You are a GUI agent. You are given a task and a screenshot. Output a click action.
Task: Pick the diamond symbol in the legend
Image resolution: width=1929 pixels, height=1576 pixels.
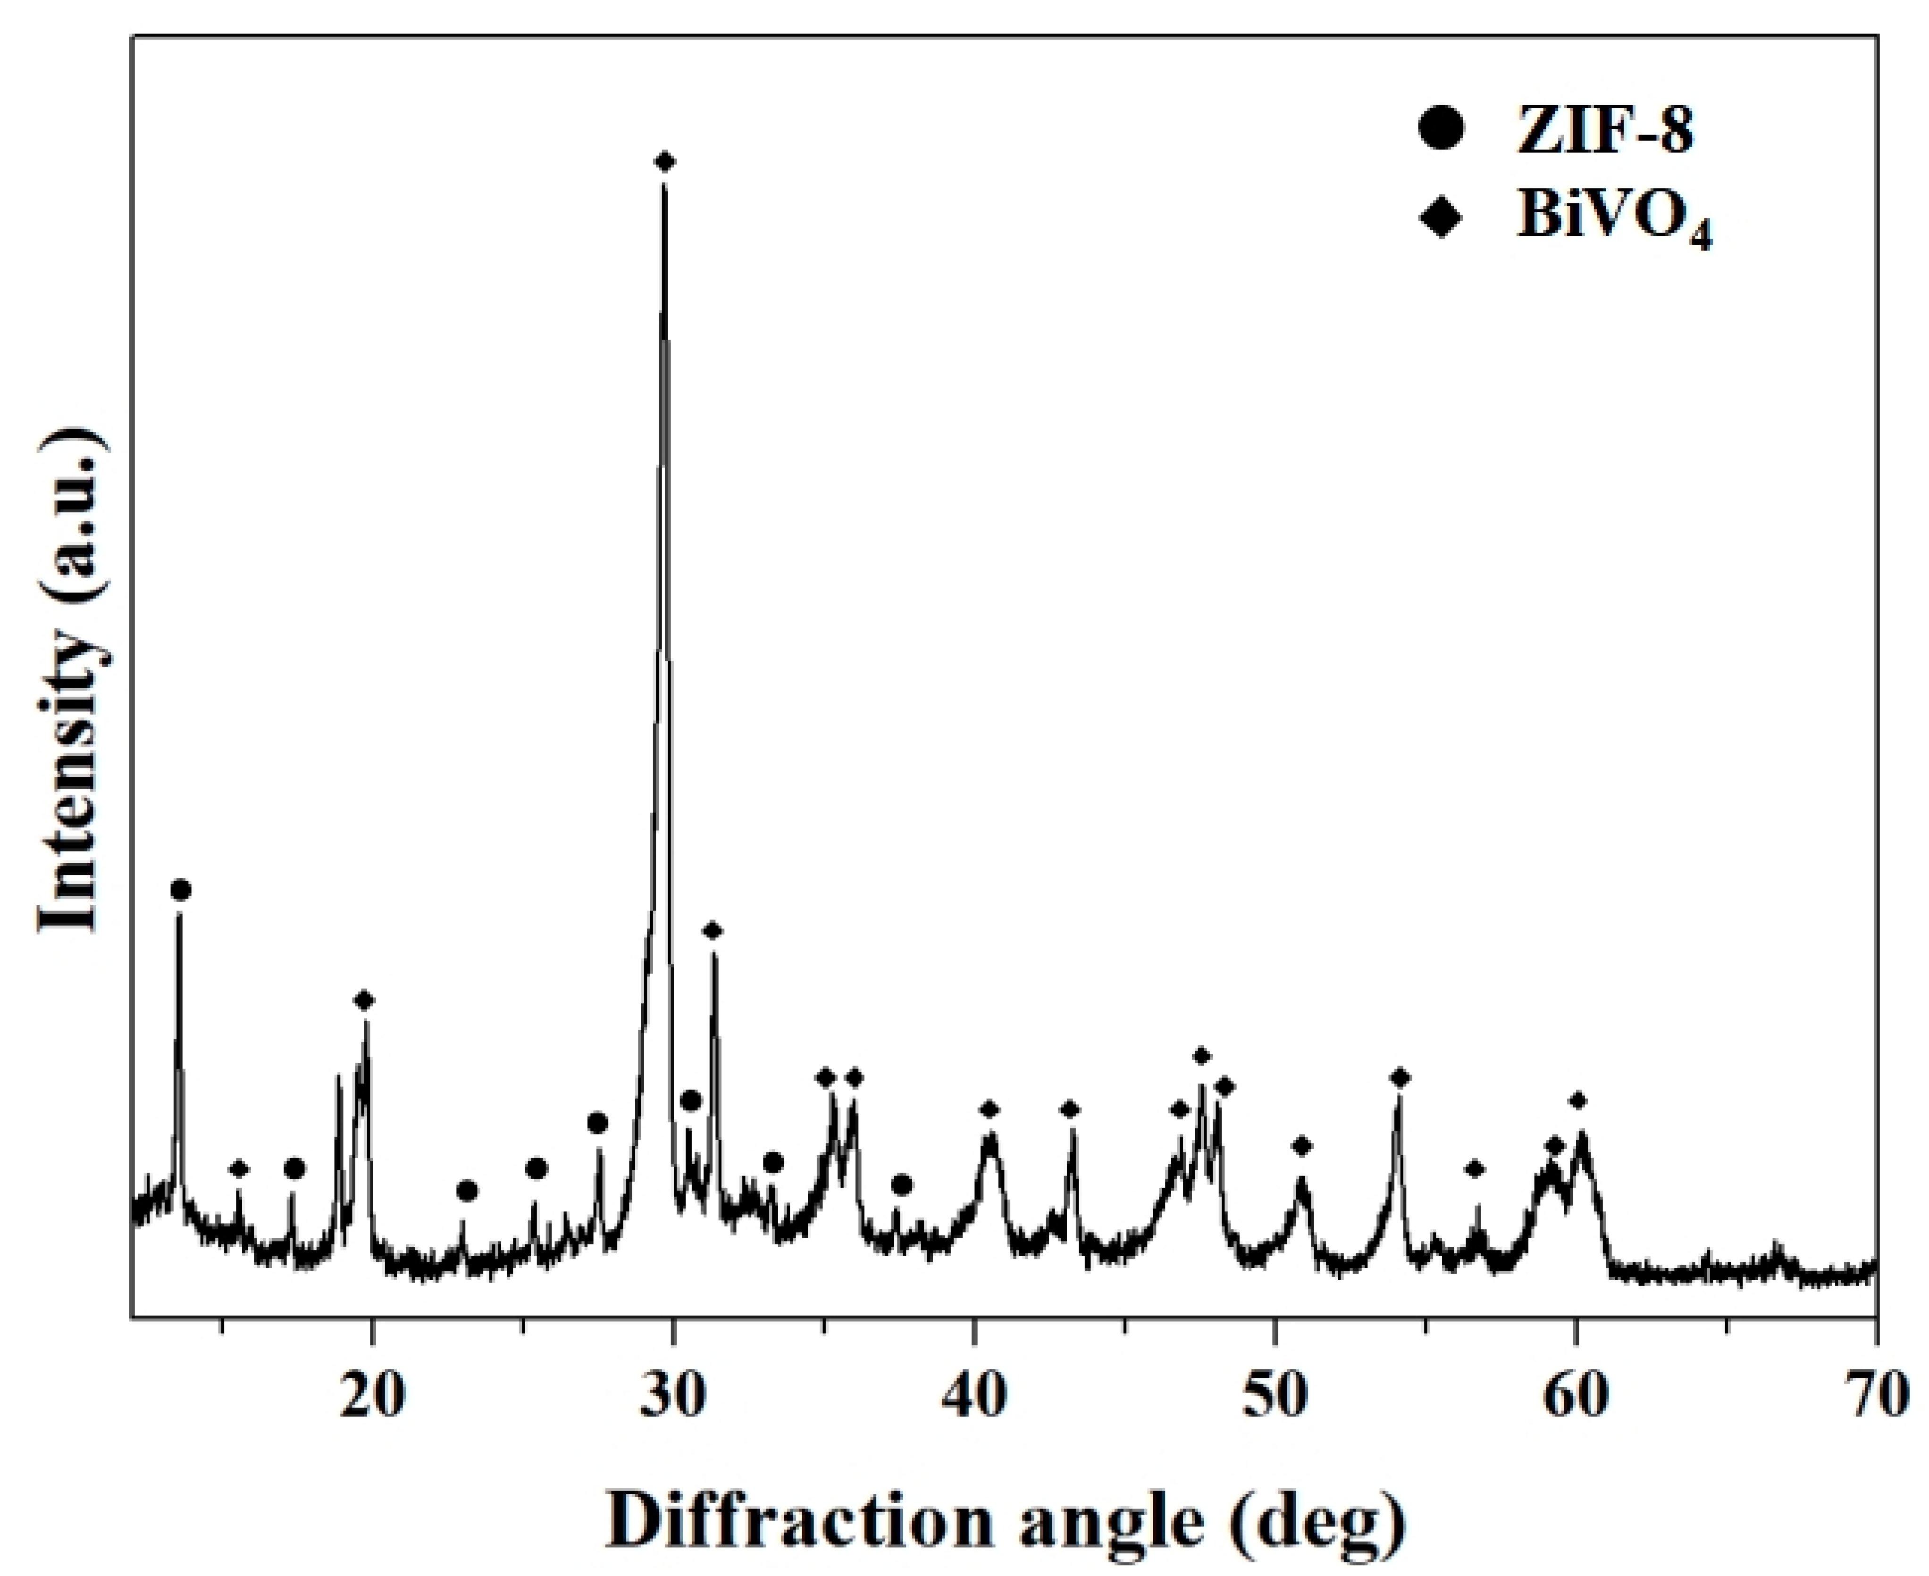1441,218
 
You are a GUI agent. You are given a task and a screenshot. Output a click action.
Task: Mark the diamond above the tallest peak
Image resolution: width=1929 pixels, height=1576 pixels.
665,162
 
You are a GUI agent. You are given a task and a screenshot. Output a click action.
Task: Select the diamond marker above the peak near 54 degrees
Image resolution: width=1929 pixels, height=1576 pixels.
1401,1077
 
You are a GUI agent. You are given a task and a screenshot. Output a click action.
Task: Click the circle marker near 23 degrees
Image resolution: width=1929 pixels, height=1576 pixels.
467,1190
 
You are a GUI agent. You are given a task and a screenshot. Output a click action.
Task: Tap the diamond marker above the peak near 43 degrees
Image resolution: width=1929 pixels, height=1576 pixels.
1070,1109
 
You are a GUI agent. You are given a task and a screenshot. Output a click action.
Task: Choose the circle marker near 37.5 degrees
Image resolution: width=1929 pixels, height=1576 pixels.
902,1185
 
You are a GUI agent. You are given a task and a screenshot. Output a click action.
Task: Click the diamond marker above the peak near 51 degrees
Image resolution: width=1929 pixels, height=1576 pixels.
1302,1147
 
